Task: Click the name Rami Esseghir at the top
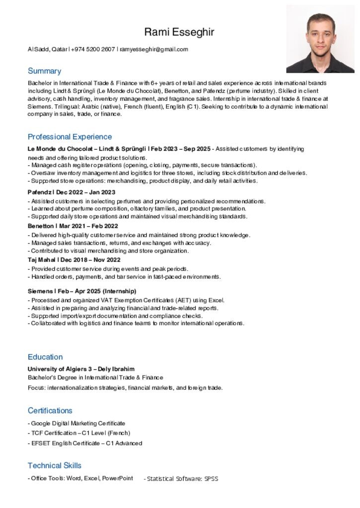pos(179,32)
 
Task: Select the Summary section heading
pos(44,71)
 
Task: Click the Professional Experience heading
pos(70,136)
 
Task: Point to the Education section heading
pos(45,357)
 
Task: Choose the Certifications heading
pos(50,410)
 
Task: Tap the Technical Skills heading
pos(54,465)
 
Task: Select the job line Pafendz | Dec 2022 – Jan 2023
pos(72,192)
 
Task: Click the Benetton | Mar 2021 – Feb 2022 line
pos(72,226)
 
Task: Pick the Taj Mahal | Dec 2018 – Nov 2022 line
pos(74,259)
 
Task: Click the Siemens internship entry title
pos(82,291)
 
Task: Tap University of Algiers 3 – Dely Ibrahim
pos(81,369)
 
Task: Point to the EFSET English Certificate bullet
pos(85,443)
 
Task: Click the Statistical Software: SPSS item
pos(181,479)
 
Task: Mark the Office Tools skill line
pos(80,478)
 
